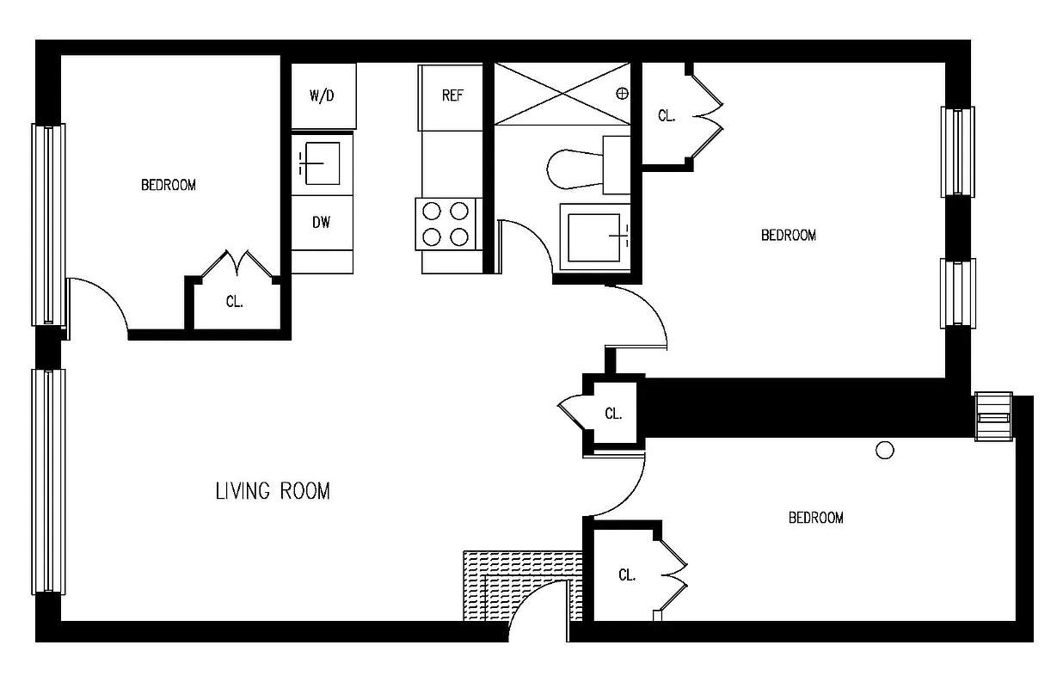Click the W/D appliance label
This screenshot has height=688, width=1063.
(x=322, y=95)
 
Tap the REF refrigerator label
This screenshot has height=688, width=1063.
(x=452, y=95)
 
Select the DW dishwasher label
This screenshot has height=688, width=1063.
(x=321, y=223)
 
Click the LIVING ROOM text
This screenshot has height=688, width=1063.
(x=272, y=491)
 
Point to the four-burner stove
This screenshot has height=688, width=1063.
(x=446, y=224)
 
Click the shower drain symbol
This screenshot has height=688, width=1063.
(x=623, y=93)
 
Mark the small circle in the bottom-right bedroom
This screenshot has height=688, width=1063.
(x=883, y=450)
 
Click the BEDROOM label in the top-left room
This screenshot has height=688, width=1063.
(x=169, y=185)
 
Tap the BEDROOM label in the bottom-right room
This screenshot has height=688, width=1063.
(x=815, y=518)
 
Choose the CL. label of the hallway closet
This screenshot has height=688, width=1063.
(x=612, y=414)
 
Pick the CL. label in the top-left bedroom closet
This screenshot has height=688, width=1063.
(x=234, y=303)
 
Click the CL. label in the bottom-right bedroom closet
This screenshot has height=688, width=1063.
(x=627, y=575)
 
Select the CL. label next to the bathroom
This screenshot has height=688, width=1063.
(x=666, y=116)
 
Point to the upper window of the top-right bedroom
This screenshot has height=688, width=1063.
(x=958, y=152)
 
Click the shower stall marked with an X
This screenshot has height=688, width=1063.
(x=563, y=93)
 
